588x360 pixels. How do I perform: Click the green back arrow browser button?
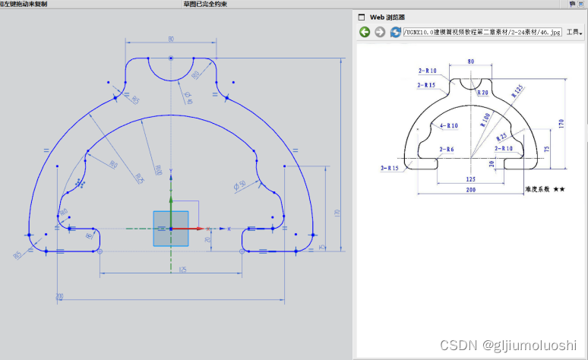[365, 32]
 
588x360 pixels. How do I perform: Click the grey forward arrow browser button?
[380, 32]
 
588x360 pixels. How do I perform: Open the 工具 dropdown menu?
[574, 33]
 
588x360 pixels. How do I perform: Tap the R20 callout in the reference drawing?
[482, 93]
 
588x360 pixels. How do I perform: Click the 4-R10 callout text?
[448, 125]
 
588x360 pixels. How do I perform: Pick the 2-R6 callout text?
[447, 150]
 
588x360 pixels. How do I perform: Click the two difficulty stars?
[559, 189]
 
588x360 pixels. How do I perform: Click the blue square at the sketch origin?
[170, 229]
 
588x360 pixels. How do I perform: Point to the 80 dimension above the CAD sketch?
[171, 39]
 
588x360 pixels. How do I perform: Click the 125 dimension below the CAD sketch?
[182, 270]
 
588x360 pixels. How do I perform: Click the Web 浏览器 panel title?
[387, 16]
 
